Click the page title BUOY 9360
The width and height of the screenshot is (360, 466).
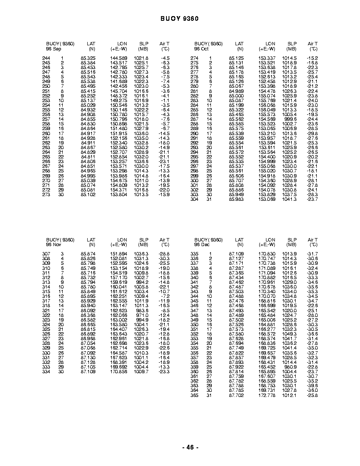click(x=180, y=19)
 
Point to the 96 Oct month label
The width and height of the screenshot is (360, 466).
click(x=201, y=49)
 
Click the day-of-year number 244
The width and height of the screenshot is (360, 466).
click(x=46, y=58)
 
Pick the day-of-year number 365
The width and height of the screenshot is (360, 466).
click(x=194, y=395)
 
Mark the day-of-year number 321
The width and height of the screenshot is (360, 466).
click(x=46, y=311)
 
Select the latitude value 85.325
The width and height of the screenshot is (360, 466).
click(x=88, y=58)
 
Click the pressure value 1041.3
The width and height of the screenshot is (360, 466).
click(x=290, y=199)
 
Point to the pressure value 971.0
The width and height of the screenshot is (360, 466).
click(x=142, y=315)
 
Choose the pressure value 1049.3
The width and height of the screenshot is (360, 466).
click(x=290, y=334)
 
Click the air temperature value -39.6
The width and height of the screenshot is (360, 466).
click(x=312, y=386)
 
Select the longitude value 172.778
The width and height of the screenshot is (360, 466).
click(x=267, y=395)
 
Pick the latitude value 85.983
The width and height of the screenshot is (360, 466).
click(x=236, y=199)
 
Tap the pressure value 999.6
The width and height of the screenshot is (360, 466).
click(x=291, y=119)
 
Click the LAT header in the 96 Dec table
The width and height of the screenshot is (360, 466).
click(x=240, y=240)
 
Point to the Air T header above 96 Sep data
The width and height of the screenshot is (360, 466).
click(x=164, y=44)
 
